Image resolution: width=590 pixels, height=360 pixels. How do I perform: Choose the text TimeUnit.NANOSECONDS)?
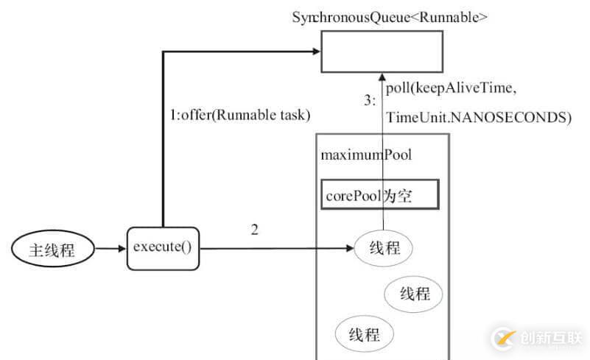pos(479,117)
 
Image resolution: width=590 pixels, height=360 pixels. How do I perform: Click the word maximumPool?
pos(366,155)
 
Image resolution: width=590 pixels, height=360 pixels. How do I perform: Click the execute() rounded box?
pos(163,247)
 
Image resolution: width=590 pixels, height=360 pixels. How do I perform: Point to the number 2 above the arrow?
pos(254,230)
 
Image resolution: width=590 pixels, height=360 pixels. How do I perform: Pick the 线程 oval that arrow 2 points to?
pos(384,248)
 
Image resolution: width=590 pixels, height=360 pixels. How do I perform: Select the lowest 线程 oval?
pos(364,335)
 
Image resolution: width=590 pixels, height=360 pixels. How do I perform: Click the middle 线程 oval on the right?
pos(415,294)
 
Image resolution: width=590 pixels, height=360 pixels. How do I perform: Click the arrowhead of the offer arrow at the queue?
pos(316,52)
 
